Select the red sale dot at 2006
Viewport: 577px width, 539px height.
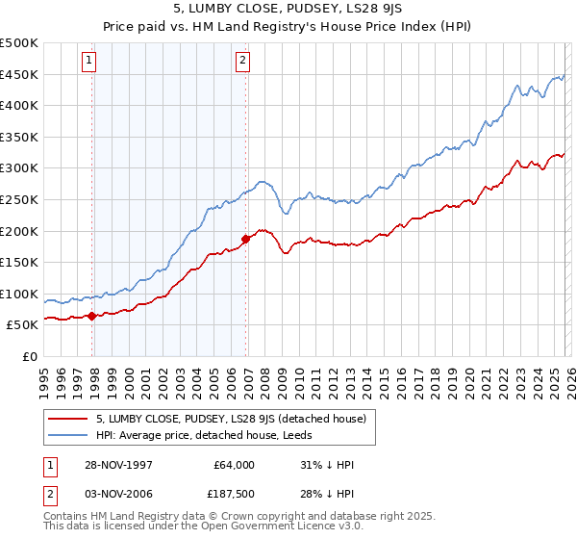pyautogui.click(x=246, y=238)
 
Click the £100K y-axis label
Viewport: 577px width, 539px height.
pyautogui.click(x=19, y=294)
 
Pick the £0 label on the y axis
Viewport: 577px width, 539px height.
pyautogui.click(x=29, y=356)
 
